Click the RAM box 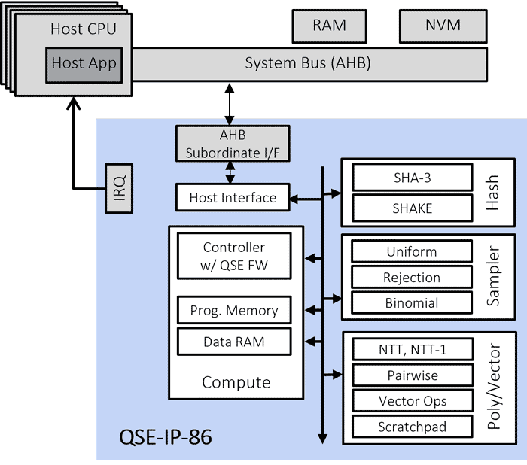329,26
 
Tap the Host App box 84,64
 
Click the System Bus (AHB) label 307,62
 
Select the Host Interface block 233,198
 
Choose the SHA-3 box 413,179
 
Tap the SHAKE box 413,208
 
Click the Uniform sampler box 412,252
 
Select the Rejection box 412,278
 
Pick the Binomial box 412,303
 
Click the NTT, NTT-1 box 413,350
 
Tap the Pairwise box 413,375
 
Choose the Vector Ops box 413,401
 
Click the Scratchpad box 413,427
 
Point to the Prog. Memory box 234,310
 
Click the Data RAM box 234,342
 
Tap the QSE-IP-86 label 166,436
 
